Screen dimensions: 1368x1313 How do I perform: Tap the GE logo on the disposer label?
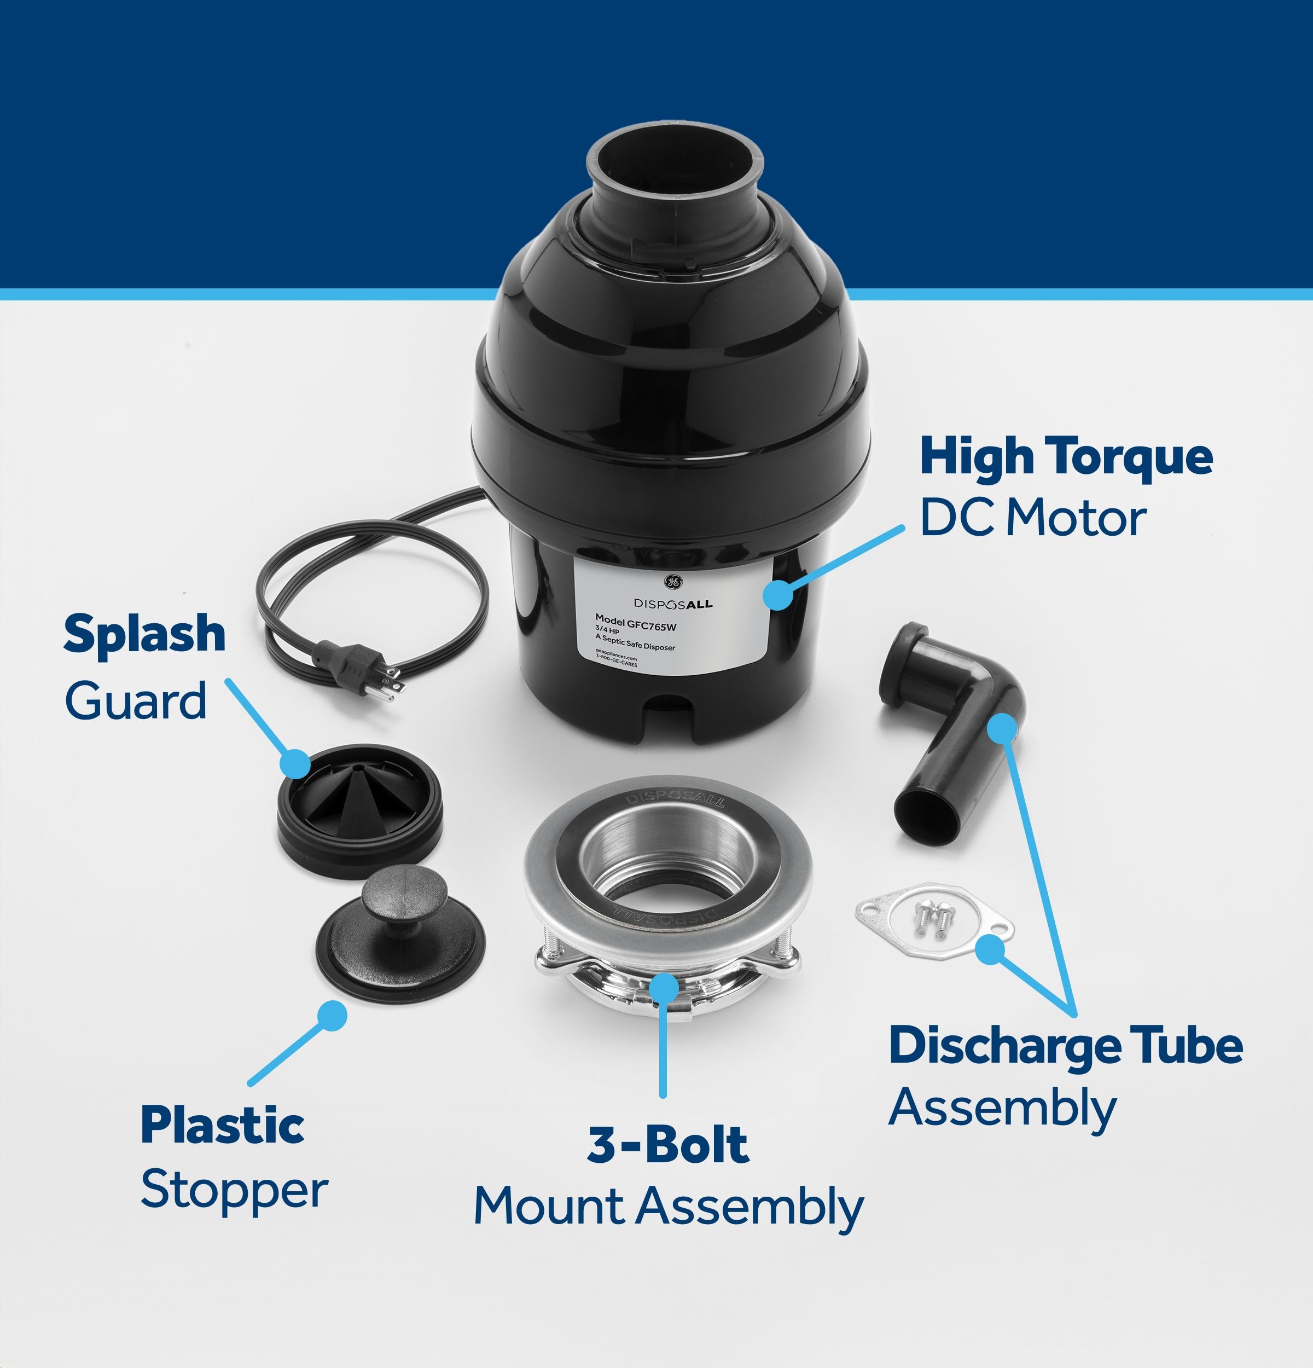pos(672,582)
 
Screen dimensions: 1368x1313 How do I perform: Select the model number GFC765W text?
pos(636,621)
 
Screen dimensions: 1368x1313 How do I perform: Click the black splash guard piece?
pos(360,810)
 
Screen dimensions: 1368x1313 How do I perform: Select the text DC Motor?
pos(1032,519)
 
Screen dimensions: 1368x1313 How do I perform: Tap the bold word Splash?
pos(144,634)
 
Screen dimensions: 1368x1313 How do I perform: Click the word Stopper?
pos(234,1191)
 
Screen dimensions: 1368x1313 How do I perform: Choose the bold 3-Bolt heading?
pos(667,1145)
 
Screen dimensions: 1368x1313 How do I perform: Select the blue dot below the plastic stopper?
pos(332,1016)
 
